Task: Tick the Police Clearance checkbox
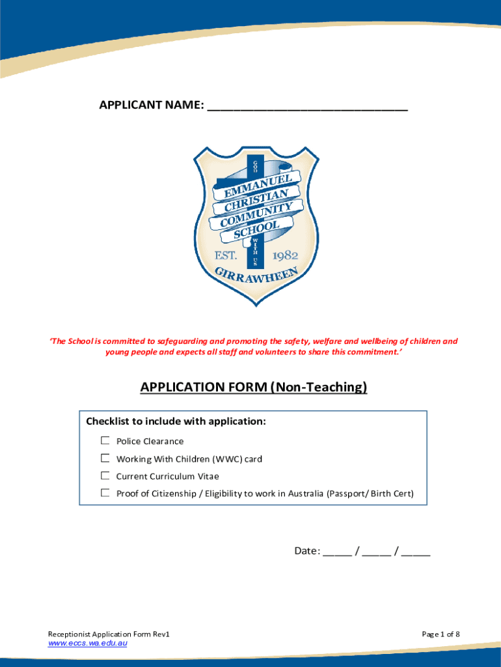[105, 441]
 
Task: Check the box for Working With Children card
[105, 459]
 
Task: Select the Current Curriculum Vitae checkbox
[105, 476]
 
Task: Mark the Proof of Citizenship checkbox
[105, 493]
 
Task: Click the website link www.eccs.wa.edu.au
[88, 644]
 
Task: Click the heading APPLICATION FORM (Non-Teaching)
[254, 388]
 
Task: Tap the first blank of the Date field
[336, 552]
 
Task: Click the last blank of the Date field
[416, 552]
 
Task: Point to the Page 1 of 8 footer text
[441, 634]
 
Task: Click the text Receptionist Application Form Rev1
[109, 634]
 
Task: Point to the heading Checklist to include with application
[176, 421]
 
